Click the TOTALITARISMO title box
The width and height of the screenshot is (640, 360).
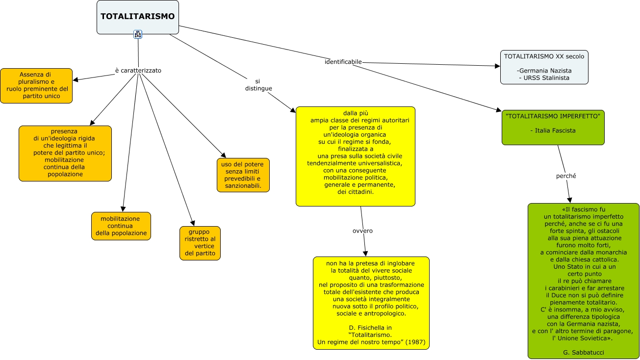point(137,17)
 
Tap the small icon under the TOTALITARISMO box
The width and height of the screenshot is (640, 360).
point(138,34)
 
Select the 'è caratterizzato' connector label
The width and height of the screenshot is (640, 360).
point(138,70)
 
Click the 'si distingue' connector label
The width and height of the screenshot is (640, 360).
point(258,84)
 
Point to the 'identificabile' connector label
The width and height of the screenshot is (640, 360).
point(343,62)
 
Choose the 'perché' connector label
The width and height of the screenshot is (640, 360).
point(566,175)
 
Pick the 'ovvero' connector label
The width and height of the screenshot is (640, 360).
point(362,231)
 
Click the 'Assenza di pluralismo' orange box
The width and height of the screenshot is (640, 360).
point(36,85)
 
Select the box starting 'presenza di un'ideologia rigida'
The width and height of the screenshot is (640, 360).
point(65,153)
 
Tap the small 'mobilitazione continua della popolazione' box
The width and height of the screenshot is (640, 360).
point(121,226)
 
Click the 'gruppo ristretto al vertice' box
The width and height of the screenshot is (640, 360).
point(200,243)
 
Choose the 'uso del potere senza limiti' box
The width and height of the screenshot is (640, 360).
point(243,175)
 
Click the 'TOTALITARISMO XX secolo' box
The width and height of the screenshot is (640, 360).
point(544,67)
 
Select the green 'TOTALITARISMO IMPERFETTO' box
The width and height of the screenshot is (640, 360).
point(553,127)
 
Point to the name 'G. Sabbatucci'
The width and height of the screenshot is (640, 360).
point(583,352)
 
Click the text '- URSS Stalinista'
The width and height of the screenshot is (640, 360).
point(544,77)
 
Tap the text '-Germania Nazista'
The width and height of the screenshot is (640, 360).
point(544,71)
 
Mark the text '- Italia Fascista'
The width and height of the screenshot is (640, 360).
point(553,130)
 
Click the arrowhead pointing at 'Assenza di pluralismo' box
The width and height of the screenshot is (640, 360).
point(75,80)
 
